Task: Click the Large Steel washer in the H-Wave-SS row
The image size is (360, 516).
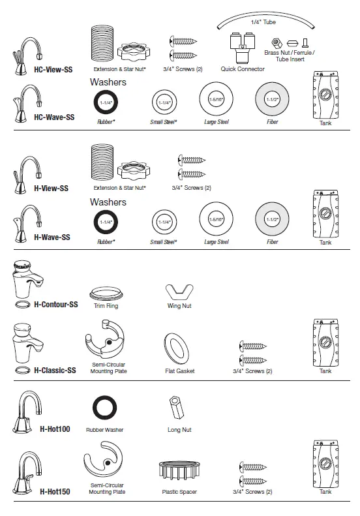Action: point(216,220)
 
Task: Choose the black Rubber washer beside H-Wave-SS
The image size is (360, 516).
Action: point(106,222)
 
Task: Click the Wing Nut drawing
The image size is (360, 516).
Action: point(177,291)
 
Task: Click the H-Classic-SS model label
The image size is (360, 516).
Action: point(55,371)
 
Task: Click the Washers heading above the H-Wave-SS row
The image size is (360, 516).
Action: point(108,202)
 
